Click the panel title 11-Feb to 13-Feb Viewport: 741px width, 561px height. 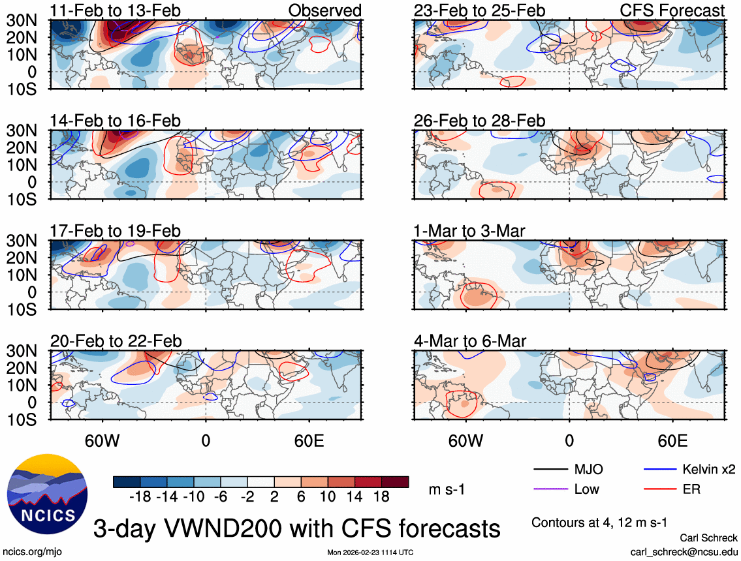[x=116, y=10]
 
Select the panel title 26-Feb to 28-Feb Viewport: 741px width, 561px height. [x=479, y=121]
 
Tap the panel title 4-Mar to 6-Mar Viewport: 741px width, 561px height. [x=470, y=341]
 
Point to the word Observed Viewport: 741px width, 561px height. [x=324, y=10]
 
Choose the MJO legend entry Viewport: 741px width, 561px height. [x=588, y=469]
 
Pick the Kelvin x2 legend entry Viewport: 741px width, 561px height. [x=708, y=469]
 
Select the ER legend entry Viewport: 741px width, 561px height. [x=691, y=489]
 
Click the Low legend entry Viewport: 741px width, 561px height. [x=586, y=489]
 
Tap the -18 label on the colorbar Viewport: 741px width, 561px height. [x=141, y=497]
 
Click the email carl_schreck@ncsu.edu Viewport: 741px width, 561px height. [x=684, y=551]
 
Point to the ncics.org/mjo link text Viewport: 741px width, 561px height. [x=29, y=552]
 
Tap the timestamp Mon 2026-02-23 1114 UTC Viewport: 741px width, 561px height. [x=370, y=553]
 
